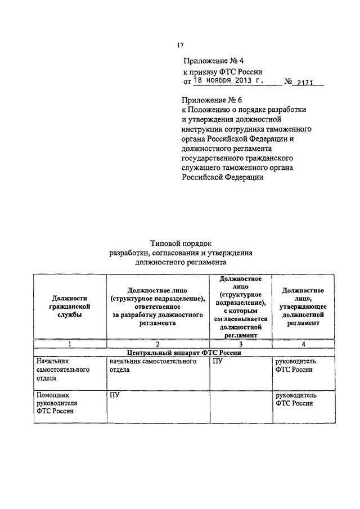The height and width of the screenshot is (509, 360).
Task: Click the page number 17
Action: pyautogui.click(x=180, y=46)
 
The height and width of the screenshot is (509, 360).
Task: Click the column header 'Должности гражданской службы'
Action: pyautogui.click(x=69, y=307)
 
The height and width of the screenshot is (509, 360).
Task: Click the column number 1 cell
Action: pyautogui.click(x=69, y=344)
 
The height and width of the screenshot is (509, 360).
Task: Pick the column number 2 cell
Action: pyautogui.click(x=157, y=344)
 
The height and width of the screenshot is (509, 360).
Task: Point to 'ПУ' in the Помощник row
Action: pyautogui.click(x=115, y=396)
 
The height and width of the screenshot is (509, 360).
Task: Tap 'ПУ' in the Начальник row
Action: pyautogui.click(x=218, y=362)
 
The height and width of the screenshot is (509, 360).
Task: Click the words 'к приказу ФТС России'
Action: pyautogui.click(x=223, y=71)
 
